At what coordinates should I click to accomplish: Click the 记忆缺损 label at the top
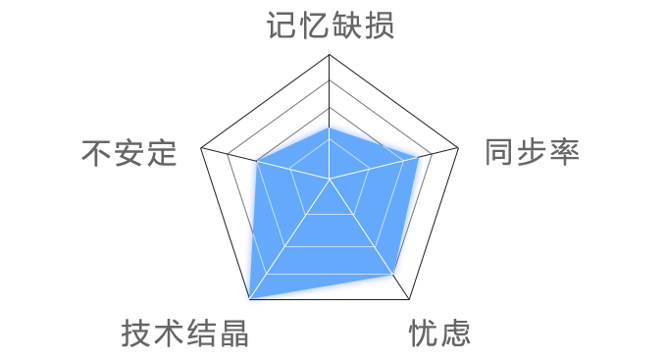coord(330,25)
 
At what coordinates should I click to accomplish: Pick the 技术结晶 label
coord(184,334)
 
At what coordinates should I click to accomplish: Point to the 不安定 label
coord(129,153)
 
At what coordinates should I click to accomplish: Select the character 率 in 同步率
coord(564,152)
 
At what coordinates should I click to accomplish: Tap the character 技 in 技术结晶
coord(136,334)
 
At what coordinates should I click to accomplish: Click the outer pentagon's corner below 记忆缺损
coord(330,55)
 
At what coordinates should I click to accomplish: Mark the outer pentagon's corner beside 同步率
coord(459,150)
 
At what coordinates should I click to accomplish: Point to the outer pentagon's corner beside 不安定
coord(201,150)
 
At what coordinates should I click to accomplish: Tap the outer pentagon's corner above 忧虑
coord(409,299)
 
